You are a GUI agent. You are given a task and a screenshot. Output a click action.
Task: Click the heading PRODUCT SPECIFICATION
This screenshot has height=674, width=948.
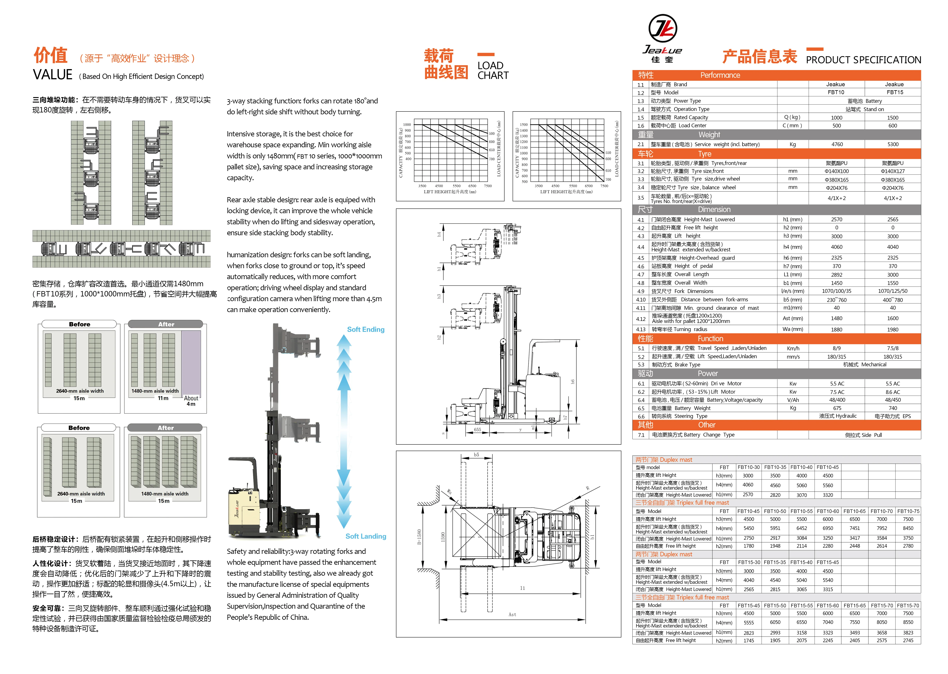tap(863, 60)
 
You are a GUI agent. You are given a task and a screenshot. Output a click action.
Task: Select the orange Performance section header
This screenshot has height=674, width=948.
tap(776, 75)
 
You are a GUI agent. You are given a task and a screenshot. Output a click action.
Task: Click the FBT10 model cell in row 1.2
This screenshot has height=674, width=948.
tap(836, 92)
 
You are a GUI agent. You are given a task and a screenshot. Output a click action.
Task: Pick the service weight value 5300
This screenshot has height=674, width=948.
tap(893, 144)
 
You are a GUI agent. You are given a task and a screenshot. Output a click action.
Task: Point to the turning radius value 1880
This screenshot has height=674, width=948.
tap(836, 330)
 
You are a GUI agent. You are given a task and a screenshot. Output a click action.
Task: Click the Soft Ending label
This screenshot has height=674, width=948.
tap(366, 330)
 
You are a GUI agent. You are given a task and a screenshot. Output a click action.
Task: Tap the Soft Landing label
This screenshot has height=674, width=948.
tap(366, 536)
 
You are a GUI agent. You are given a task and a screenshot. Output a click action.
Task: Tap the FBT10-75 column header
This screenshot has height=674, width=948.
tap(908, 511)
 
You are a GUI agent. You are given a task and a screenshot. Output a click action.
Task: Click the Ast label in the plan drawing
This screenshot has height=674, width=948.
tap(512, 615)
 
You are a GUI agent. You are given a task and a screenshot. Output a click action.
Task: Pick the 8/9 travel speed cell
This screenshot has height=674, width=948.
tap(836, 349)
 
